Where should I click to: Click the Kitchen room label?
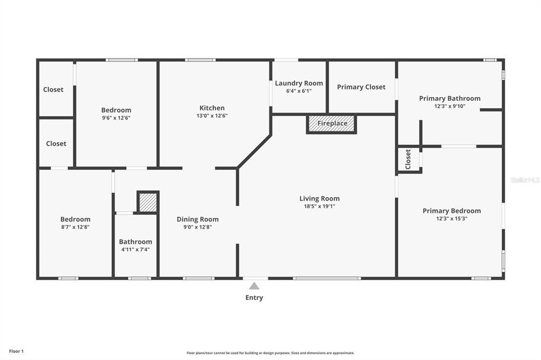pos(212,108)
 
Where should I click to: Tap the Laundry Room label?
pos(299,83)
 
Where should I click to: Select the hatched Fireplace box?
pos(332,124)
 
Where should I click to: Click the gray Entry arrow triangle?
pos(254,286)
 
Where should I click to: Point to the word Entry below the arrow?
pos(254,298)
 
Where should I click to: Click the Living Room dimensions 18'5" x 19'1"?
pos(320,206)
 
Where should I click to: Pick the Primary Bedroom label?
pos(452,211)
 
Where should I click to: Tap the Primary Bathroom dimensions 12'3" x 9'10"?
pos(450,106)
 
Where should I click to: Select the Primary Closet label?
pos(361,87)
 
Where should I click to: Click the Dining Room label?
pos(198,219)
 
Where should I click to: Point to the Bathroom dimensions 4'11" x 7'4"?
pos(135,249)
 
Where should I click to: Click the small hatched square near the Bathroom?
pos(148,202)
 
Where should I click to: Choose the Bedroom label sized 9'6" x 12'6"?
pos(116,110)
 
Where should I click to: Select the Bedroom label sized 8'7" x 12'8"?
pos(75,219)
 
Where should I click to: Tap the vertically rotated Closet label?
pos(408,159)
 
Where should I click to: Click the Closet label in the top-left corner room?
pos(53,90)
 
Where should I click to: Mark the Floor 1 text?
pos(16,352)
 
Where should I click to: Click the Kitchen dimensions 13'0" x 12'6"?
pos(212,116)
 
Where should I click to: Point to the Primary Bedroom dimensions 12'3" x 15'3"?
pos(452,219)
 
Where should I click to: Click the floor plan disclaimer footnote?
pos(270,353)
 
